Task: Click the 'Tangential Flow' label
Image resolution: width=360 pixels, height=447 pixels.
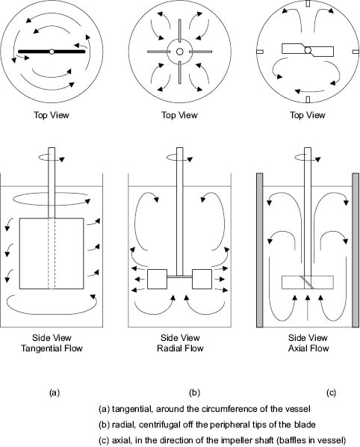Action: (x=52, y=348)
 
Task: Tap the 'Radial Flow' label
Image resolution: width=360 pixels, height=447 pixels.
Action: (x=180, y=348)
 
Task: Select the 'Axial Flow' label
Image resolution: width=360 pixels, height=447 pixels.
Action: (x=308, y=348)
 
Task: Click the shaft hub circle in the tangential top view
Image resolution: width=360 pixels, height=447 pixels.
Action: (x=52, y=52)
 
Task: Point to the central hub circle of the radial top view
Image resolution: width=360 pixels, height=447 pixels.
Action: (x=180, y=52)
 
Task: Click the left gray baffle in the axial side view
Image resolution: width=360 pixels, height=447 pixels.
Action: (x=260, y=250)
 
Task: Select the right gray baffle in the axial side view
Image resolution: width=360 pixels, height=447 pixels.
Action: (x=356, y=250)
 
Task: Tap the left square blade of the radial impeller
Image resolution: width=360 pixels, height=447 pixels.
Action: (x=157, y=279)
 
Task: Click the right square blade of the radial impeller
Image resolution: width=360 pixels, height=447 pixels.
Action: (x=202, y=279)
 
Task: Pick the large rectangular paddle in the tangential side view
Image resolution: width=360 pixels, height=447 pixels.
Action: (x=52, y=253)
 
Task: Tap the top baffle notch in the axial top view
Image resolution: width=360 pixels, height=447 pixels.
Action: (x=308, y=4)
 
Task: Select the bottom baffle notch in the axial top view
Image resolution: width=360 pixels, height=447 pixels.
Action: (x=308, y=99)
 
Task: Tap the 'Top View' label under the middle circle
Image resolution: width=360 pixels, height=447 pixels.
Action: (x=180, y=115)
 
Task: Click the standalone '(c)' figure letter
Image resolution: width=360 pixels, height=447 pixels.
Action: (x=331, y=393)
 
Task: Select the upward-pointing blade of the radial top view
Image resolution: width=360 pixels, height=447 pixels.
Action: (x=180, y=31)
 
